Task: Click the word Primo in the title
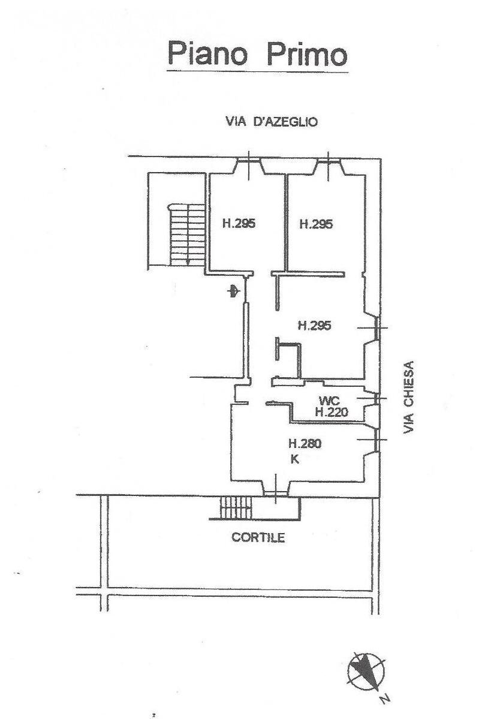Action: click(x=306, y=53)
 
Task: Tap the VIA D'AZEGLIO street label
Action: click(x=272, y=122)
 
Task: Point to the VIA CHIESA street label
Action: click(x=409, y=397)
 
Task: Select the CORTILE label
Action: click(x=258, y=537)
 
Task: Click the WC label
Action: click(x=330, y=400)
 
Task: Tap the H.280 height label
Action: click(x=305, y=444)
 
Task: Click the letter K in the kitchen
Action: click(x=294, y=460)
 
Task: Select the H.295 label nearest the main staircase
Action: click(x=239, y=224)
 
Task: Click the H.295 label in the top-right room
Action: click(x=316, y=224)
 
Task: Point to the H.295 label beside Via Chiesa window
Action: click(x=315, y=326)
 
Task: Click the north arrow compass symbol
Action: click(x=366, y=670)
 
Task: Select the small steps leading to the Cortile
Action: click(x=235, y=509)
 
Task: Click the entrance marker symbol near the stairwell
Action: click(x=233, y=292)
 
